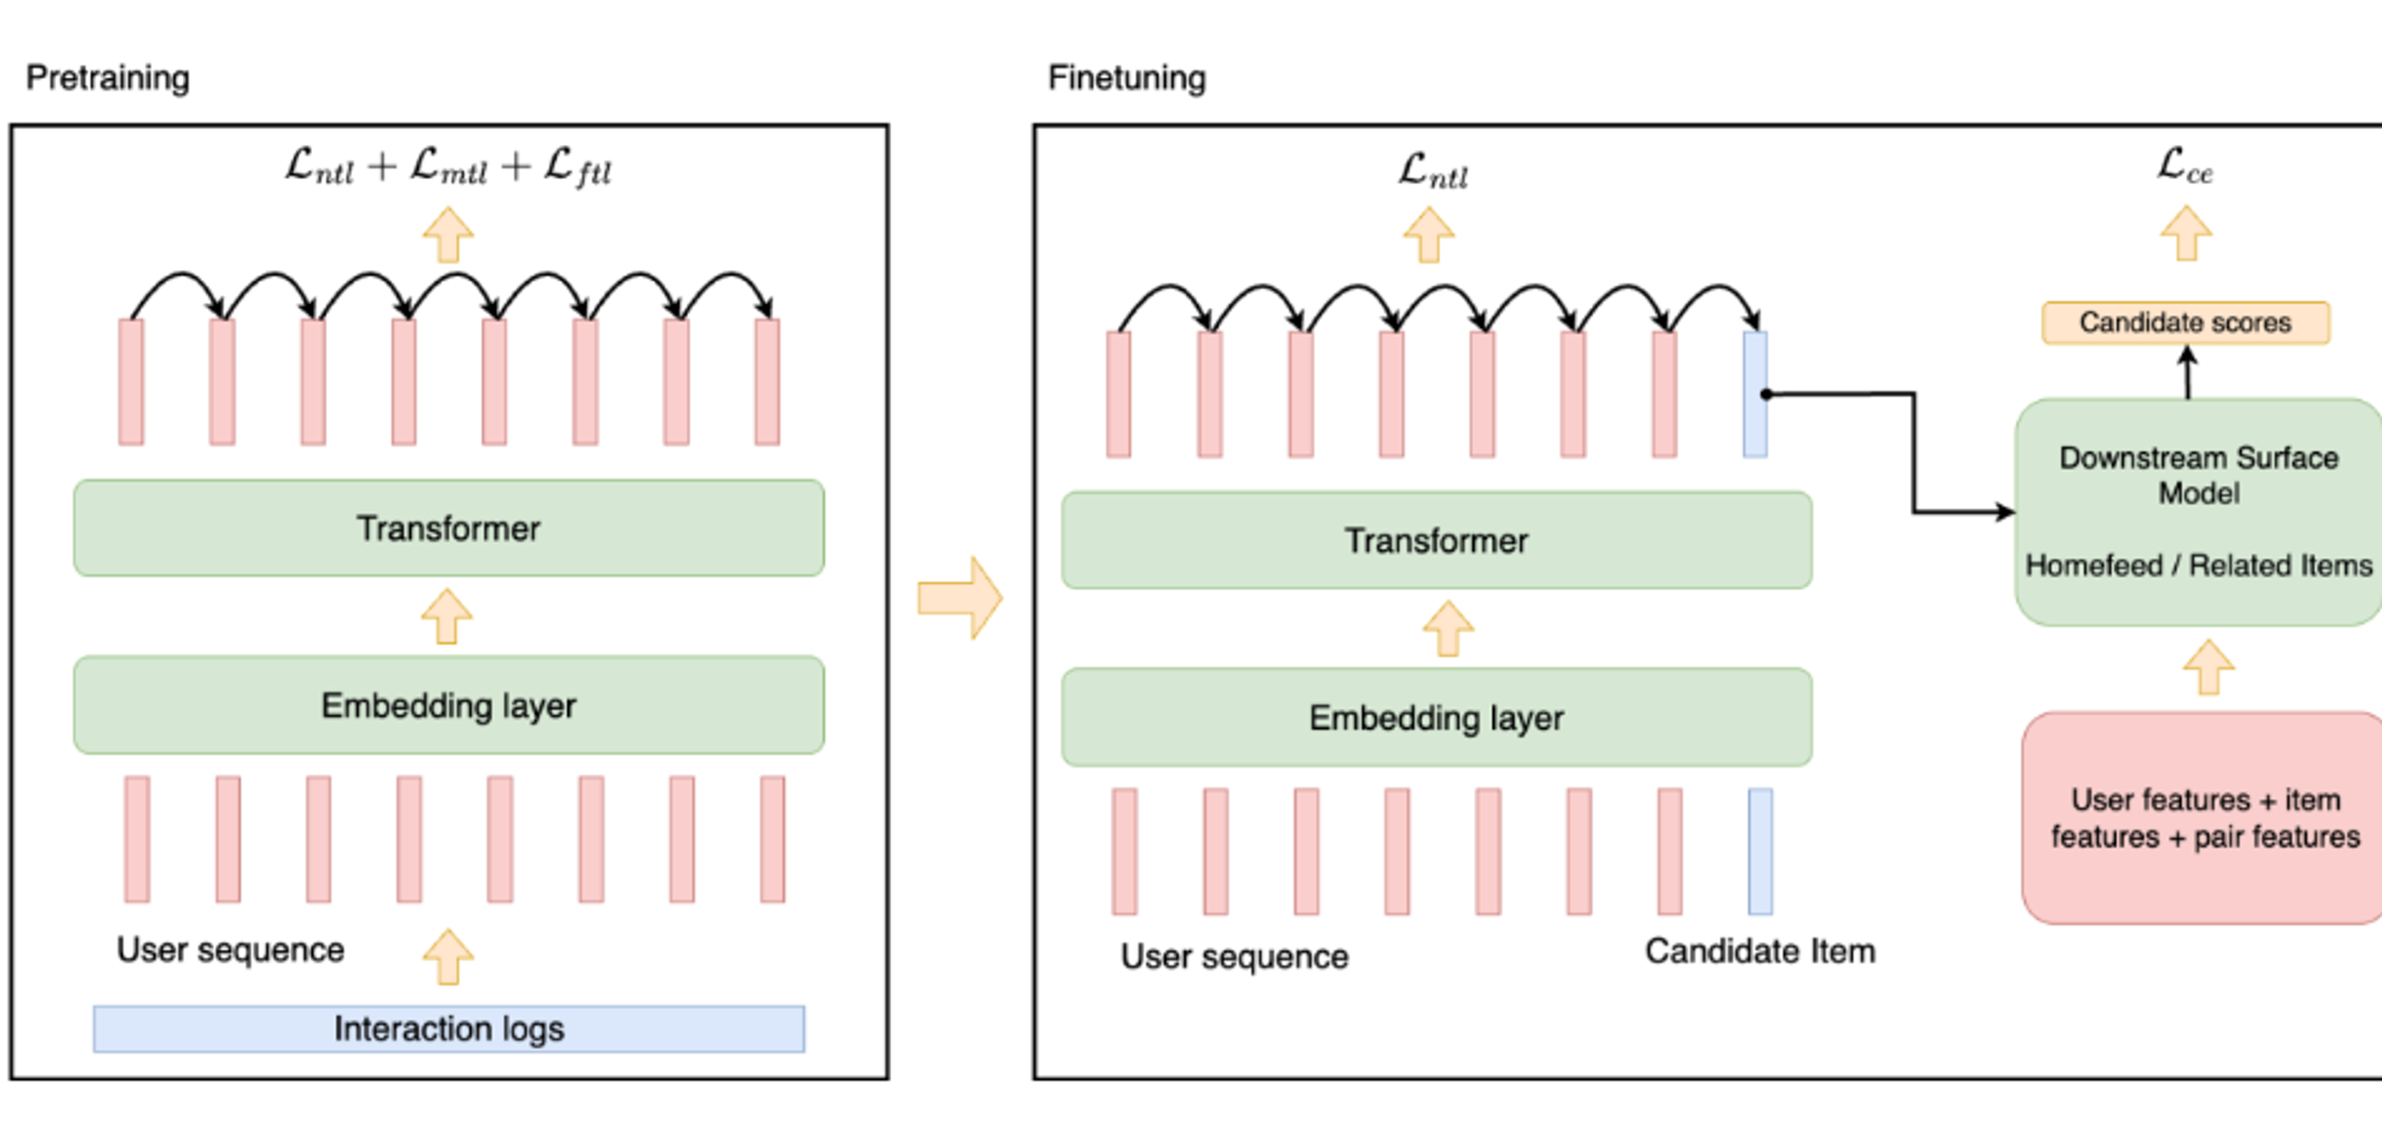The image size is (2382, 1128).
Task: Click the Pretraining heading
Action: (107, 78)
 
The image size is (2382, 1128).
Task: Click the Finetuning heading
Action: (1126, 78)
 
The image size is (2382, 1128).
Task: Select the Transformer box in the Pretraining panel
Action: (448, 528)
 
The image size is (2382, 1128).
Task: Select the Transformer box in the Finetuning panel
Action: (1436, 540)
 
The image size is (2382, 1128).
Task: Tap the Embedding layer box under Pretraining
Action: (448, 706)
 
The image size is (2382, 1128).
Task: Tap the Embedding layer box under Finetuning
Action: (1436, 717)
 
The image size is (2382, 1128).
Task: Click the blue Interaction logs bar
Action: (448, 1029)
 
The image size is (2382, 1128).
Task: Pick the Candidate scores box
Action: (2185, 322)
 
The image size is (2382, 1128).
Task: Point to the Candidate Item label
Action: (1760, 951)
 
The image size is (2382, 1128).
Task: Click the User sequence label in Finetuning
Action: (1234, 957)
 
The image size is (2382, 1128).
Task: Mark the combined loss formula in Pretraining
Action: (448, 168)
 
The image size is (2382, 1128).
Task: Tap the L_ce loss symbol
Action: (2185, 166)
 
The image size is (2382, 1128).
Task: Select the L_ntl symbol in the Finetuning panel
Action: (1432, 171)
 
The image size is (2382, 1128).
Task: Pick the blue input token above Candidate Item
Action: (1760, 851)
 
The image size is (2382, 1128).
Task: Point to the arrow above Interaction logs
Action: (448, 957)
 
